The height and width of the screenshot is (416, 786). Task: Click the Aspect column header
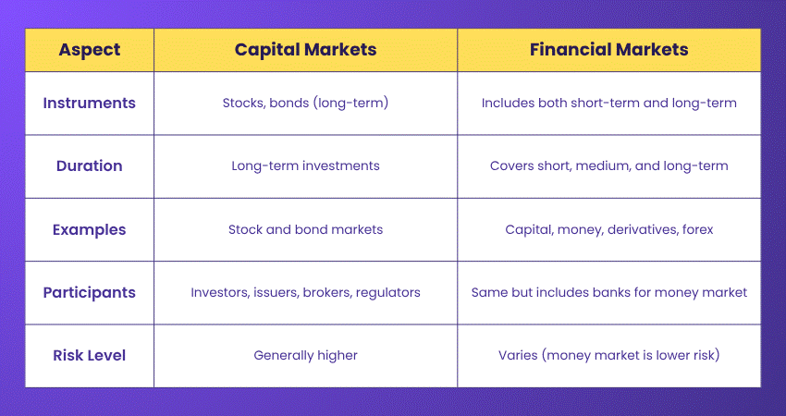coord(89,50)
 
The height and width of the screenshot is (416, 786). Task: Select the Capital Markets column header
coord(305,50)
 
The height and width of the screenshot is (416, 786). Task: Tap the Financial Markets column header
coord(608,50)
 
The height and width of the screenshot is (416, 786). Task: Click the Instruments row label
coord(89,103)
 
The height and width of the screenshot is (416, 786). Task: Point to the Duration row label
coord(89,166)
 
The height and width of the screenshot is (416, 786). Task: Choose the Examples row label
coord(89,229)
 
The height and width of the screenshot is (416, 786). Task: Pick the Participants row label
coord(89,292)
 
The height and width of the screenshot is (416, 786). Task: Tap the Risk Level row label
coord(89,355)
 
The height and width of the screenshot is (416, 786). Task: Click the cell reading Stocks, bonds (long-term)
coord(305,103)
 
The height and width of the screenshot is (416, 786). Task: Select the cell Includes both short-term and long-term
coord(608,103)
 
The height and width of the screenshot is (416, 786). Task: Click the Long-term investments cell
coord(305,166)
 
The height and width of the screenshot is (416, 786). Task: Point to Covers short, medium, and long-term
coord(608,166)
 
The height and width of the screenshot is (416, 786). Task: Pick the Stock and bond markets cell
coord(305,229)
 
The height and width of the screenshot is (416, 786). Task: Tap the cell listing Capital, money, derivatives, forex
coord(608,229)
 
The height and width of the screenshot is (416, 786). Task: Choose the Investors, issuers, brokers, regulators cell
coord(305,292)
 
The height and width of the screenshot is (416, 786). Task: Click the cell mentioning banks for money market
coord(608,292)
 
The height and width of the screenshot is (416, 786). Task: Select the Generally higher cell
coord(305,355)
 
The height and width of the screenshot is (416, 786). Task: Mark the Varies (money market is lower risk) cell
coord(608,355)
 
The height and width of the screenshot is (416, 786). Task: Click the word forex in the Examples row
coord(694,229)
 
